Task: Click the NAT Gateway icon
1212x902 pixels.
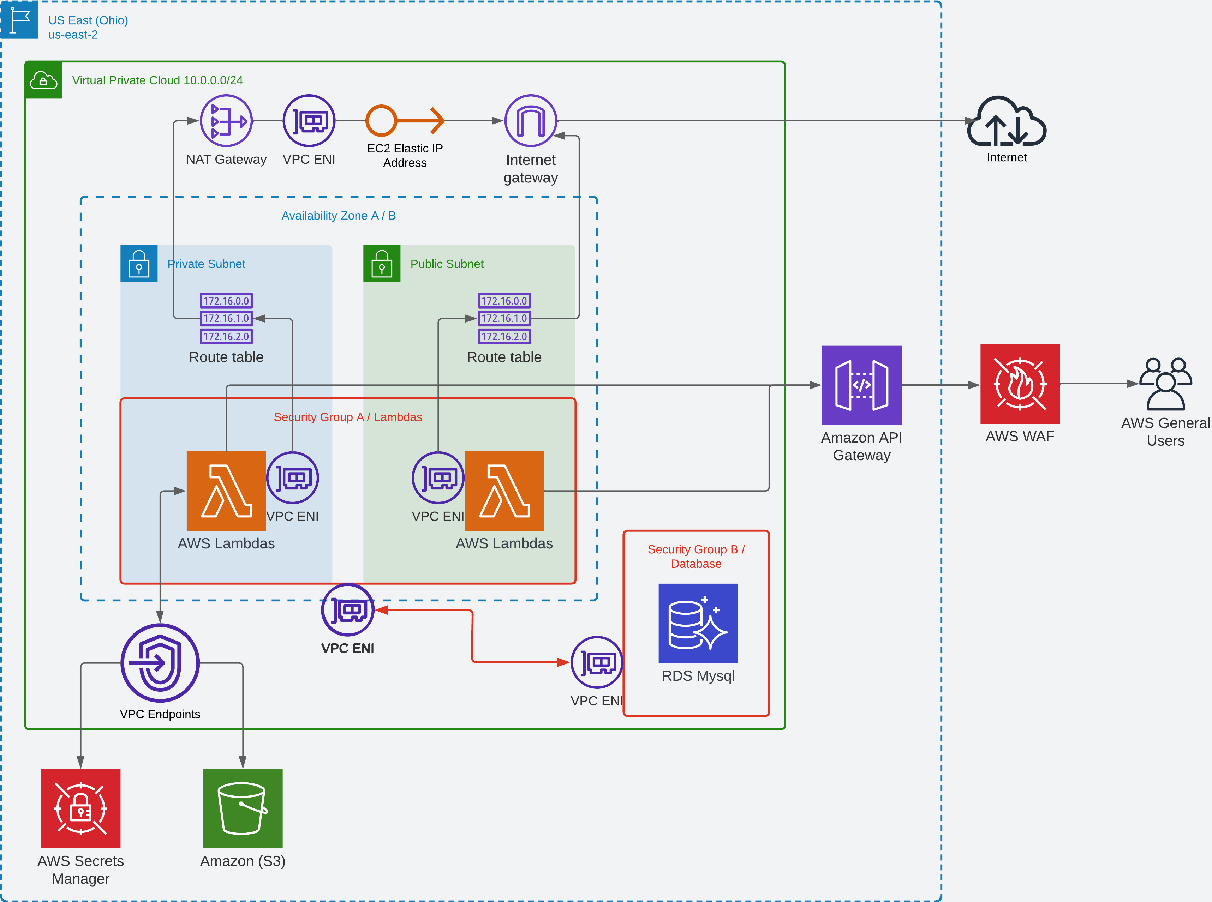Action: pyautogui.click(x=226, y=121)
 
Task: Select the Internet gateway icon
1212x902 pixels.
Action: pyautogui.click(x=530, y=121)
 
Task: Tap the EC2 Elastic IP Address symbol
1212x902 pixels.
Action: pyautogui.click(x=405, y=121)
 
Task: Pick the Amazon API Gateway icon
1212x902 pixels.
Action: pyautogui.click(x=861, y=385)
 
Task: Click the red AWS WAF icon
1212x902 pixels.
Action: pyautogui.click(x=1020, y=384)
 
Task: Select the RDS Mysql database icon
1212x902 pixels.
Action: pyautogui.click(x=698, y=623)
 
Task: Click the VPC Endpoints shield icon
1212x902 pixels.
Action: pyautogui.click(x=160, y=663)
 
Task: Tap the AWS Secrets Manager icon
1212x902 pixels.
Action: pyautogui.click(x=81, y=808)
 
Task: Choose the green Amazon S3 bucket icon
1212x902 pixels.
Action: pyautogui.click(x=243, y=808)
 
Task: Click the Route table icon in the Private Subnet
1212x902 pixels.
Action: pyautogui.click(x=226, y=318)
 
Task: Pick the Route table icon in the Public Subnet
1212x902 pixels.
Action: pyautogui.click(x=504, y=318)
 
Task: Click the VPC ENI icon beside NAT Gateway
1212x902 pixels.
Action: pyautogui.click(x=309, y=121)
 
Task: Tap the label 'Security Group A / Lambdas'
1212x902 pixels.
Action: pyautogui.click(x=348, y=417)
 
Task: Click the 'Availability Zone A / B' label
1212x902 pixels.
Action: pyautogui.click(x=339, y=216)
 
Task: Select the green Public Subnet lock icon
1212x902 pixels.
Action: pyautogui.click(x=382, y=264)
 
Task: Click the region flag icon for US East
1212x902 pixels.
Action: pyautogui.click(x=20, y=20)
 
